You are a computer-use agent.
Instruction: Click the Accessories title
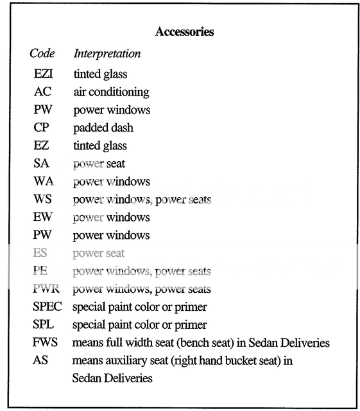tap(184, 31)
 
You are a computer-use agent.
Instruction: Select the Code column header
tap(42, 53)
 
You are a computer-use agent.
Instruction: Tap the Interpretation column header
tap(107, 53)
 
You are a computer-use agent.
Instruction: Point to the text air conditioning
tap(111, 92)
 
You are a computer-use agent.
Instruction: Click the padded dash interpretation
tap(103, 128)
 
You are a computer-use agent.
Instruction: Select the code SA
tap(41, 164)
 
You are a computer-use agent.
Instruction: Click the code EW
tap(42, 217)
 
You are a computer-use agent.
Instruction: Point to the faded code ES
tap(41, 253)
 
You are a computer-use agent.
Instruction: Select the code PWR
tap(46, 289)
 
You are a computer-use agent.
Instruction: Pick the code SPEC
tap(47, 307)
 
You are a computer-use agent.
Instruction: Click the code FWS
tap(44, 343)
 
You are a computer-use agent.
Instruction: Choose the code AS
tap(40, 360)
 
